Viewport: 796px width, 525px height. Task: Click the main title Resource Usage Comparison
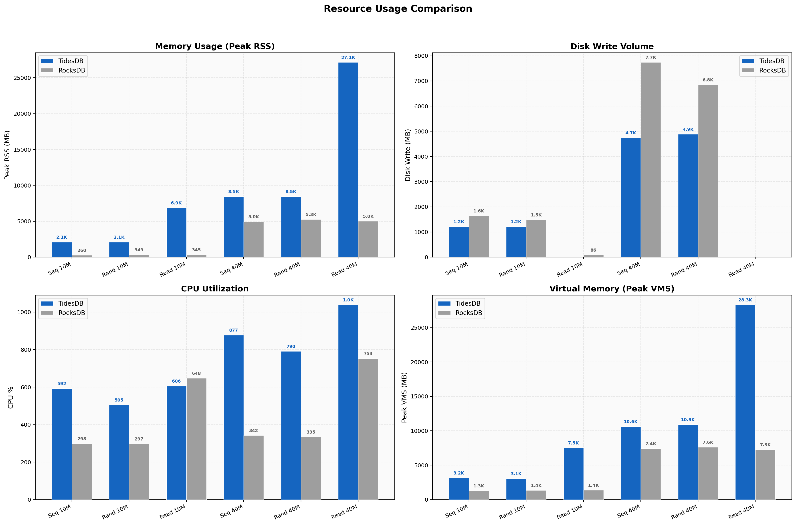398,9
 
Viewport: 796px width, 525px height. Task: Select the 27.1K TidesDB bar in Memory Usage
348,160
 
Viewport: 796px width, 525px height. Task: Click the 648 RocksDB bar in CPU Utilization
196,439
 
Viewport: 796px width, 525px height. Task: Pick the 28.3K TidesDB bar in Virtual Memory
745,402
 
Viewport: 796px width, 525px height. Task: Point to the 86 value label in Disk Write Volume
593,250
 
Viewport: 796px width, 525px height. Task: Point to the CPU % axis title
11,398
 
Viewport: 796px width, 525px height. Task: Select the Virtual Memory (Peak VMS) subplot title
612,289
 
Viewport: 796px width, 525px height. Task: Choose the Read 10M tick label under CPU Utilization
173,512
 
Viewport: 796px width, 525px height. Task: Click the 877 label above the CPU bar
233,330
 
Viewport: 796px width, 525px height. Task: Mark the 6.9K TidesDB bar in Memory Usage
176,233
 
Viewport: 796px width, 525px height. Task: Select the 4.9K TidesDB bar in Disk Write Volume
688,196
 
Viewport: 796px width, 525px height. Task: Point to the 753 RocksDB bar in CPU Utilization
368,429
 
